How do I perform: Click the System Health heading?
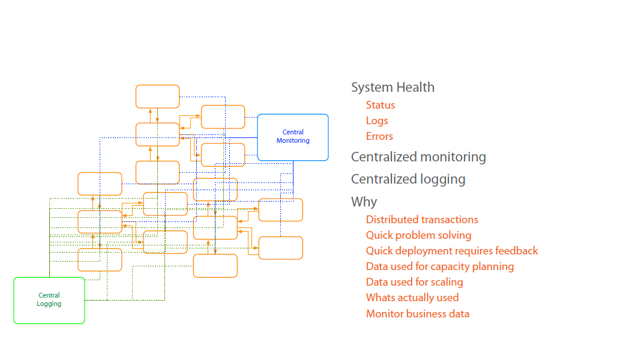[x=393, y=88]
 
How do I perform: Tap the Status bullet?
[x=381, y=105]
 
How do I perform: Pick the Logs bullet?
[x=377, y=121]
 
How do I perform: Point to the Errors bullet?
[x=379, y=136]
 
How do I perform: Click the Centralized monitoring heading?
[x=418, y=157]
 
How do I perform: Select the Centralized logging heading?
[x=408, y=179]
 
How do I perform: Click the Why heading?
[x=364, y=202]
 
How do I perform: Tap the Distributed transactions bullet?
[x=422, y=220]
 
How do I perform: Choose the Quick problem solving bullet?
[x=418, y=235]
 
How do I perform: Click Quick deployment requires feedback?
[x=452, y=251]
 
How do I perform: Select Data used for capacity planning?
[x=440, y=266]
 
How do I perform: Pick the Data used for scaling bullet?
[x=414, y=282]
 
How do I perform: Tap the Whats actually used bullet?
[x=412, y=298]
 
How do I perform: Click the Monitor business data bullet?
[x=418, y=313]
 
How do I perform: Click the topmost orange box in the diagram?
[x=157, y=96]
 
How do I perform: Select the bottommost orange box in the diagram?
[x=215, y=266]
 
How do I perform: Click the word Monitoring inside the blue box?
[x=293, y=140]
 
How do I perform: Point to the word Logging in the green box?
[x=49, y=304]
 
